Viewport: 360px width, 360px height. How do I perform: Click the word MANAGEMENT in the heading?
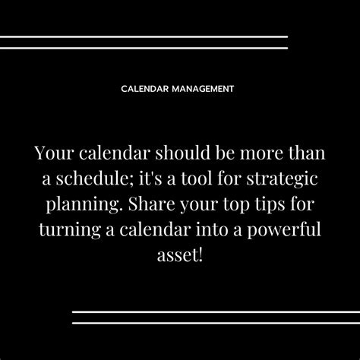click(x=202, y=88)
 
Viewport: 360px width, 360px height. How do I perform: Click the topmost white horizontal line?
click(x=144, y=36)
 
